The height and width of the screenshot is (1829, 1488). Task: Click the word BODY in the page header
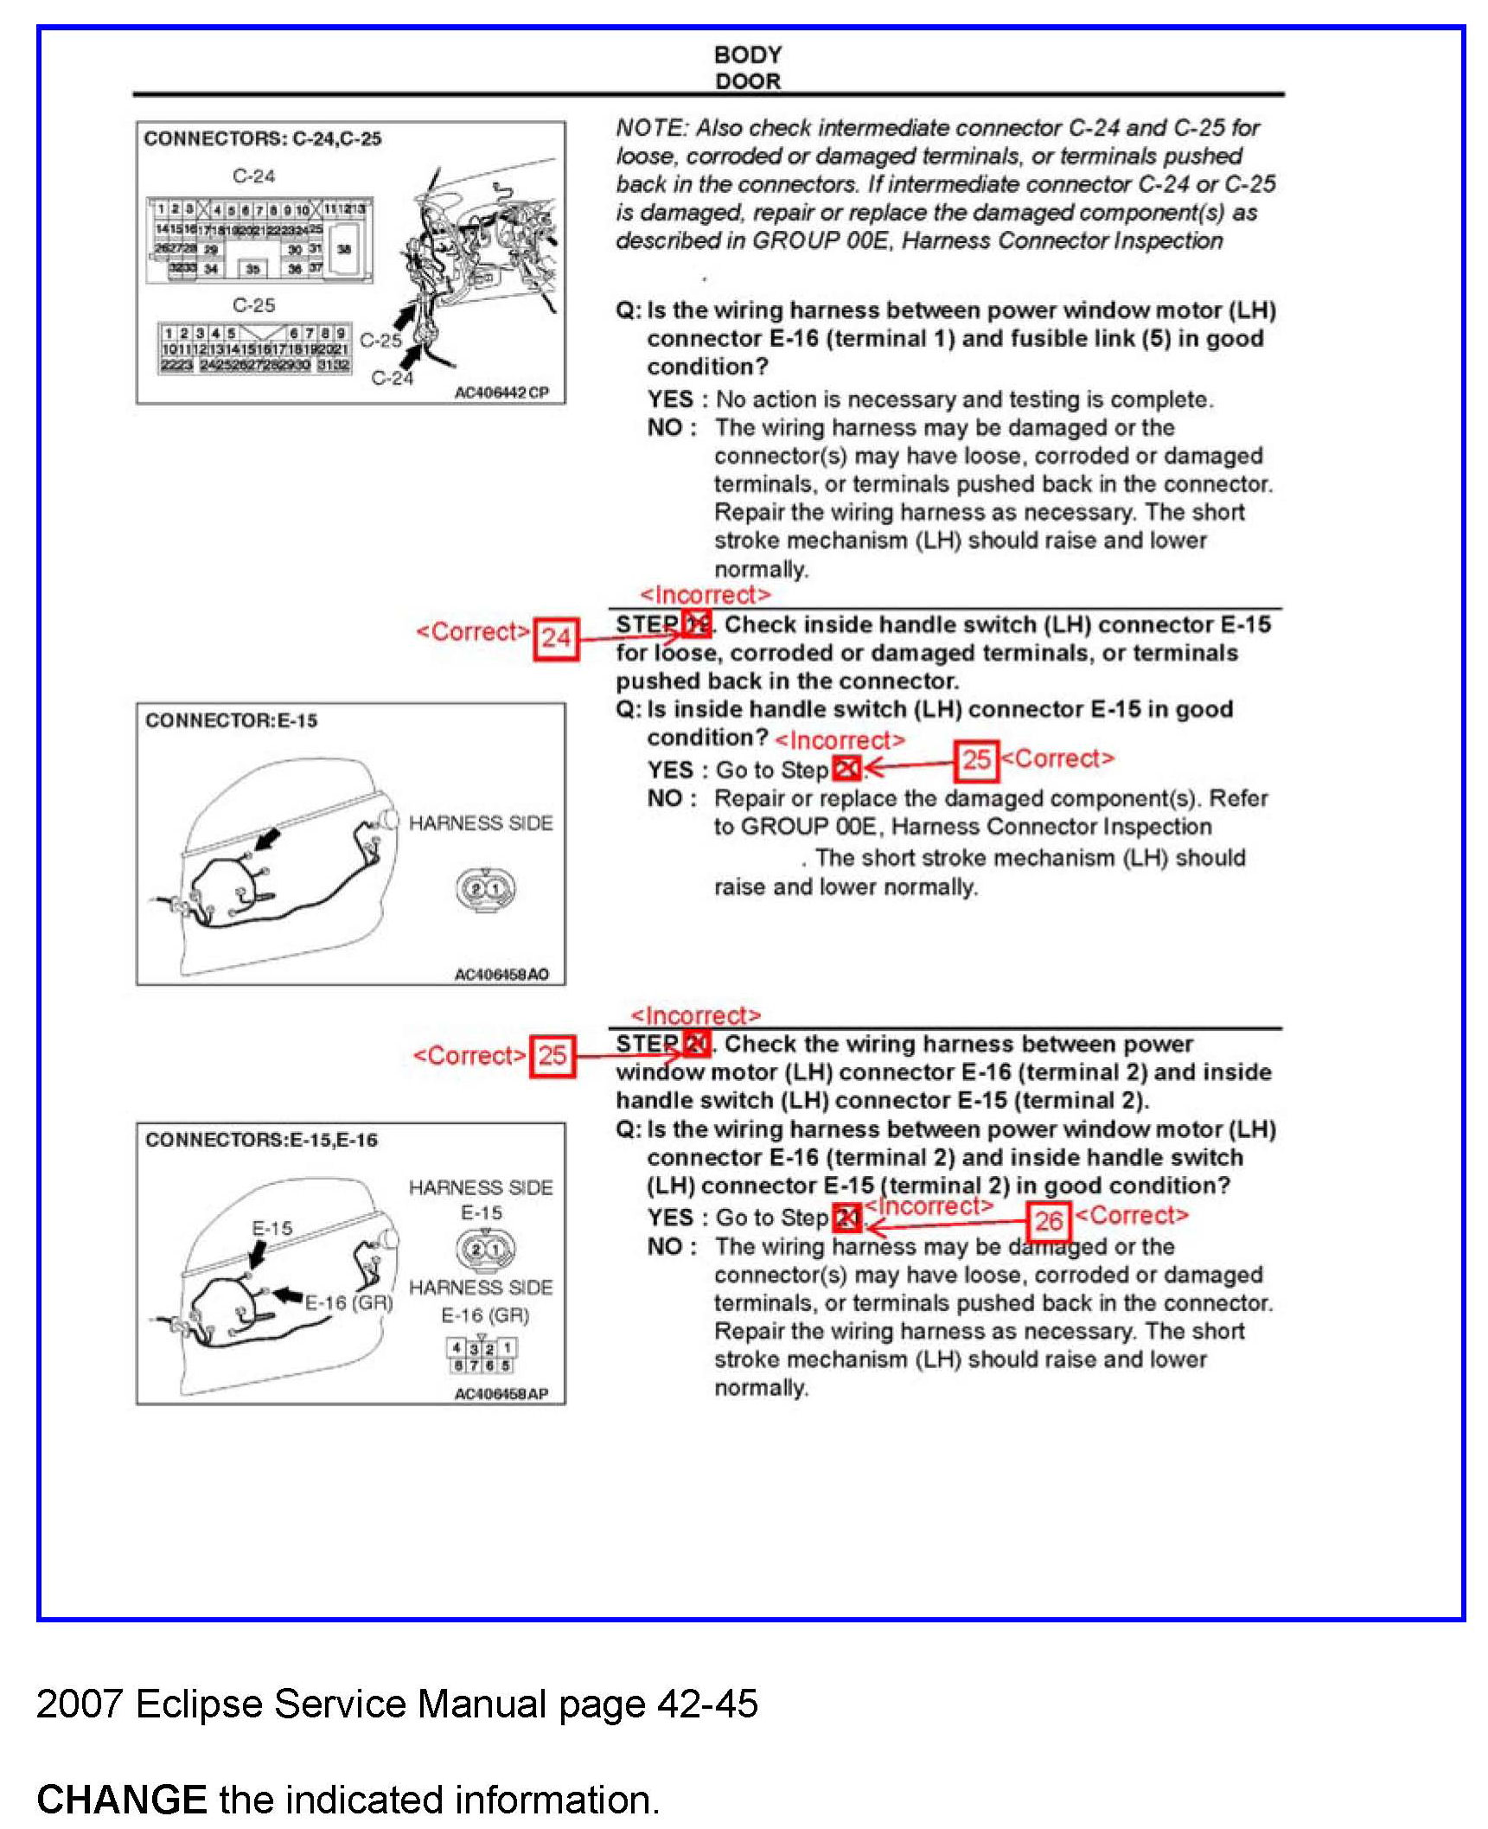click(747, 54)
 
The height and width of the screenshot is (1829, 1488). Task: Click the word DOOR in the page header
click(747, 81)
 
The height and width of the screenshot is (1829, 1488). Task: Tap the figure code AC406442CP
click(501, 393)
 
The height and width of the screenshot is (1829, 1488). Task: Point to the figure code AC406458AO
click(501, 975)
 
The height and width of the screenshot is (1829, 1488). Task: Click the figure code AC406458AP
click(501, 1394)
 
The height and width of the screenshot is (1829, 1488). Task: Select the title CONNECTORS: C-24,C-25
click(262, 138)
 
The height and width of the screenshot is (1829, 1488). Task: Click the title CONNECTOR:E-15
click(231, 720)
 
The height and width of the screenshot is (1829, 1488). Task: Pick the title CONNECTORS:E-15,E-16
click(261, 1140)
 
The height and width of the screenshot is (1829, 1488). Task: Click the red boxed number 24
click(555, 638)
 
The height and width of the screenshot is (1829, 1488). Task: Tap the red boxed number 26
click(1048, 1221)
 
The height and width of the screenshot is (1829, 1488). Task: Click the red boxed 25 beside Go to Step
click(976, 760)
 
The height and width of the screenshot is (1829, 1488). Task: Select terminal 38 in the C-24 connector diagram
click(344, 249)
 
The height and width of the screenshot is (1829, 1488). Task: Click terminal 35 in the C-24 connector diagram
click(252, 269)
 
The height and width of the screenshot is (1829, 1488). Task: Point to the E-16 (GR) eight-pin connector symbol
click(481, 1356)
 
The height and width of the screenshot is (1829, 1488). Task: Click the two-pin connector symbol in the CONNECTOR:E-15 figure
click(485, 888)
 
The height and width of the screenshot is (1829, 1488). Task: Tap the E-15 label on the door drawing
click(271, 1228)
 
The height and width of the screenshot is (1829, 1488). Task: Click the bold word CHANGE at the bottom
click(121, 1800)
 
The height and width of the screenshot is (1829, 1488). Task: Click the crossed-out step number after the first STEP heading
click(696, 624)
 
